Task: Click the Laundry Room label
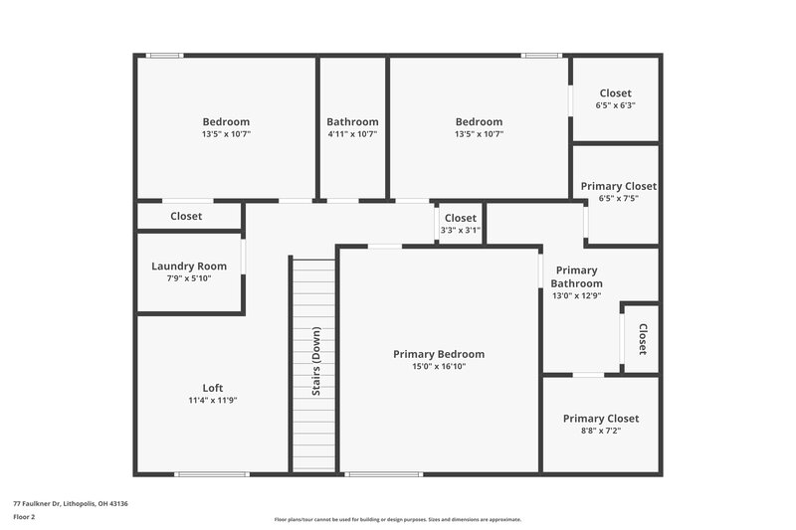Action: click(x=189, y=265)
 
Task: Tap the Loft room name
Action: click(x=213, y=388)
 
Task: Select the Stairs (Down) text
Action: click(x=316, y=362)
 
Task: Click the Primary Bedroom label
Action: click(x=439, y=354)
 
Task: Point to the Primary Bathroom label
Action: click(x=576, y=276)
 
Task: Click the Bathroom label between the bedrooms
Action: click(x=352, y=121)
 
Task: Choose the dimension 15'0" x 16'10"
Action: click(x=439, y=367)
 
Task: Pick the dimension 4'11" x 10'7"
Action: click(x=352, y=134)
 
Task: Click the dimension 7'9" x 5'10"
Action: click(x=189, y=278)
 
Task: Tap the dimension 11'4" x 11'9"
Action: click(x=213, y=401)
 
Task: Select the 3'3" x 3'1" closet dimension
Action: click(x=460, y=231)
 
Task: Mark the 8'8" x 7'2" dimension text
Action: click(x=601, y=432)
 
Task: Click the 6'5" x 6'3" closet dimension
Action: click(x=615, y=105)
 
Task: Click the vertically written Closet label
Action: click(x=642, y=339)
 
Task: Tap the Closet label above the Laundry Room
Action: click(x=186, y=216)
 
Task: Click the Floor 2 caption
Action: click(x=25, y=517)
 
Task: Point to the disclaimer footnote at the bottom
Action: click(x=398, y=519)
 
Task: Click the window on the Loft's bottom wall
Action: click(x=212, y=474)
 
